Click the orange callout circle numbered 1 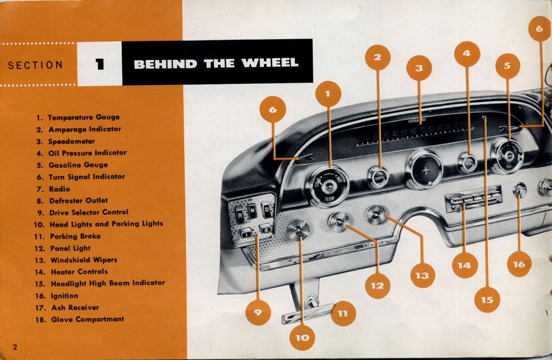coord(328,94)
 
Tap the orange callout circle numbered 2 coord(377,57)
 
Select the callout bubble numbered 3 coord(419,68)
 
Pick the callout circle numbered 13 coord(422,275)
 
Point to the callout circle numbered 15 coord(487,300)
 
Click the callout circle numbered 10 coord(302,337)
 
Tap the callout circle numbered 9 coord(258,313)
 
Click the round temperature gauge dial coord(328,186)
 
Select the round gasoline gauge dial coord(507,156)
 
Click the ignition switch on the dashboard coord(519,190)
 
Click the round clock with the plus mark coord(425,170)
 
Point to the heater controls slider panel coord(473,198)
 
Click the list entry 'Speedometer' coord(71,141)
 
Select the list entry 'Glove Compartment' coord(87,319)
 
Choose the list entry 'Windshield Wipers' coord(84,260)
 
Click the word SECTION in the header coord(35,65)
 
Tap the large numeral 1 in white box coord(99,64)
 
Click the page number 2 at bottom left coord(15,347)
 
